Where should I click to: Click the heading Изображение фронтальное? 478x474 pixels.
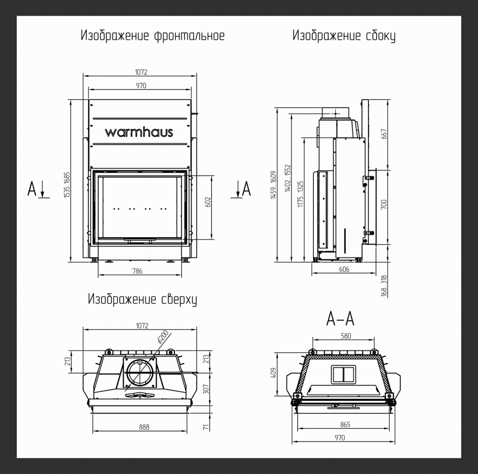153,36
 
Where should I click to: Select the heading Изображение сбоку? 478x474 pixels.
343,36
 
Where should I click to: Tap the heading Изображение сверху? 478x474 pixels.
142,299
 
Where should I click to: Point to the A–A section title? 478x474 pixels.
341,319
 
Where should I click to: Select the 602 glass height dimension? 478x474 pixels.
207,202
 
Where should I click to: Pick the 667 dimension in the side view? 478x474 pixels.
384,134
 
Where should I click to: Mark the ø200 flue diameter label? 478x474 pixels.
163,337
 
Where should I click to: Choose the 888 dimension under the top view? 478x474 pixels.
143,427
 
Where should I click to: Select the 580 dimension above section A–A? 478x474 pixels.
345,336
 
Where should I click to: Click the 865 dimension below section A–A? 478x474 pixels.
345,424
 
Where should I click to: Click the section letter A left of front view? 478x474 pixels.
32,189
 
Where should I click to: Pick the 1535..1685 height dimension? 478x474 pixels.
67,185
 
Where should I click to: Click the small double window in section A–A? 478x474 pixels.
342,374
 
